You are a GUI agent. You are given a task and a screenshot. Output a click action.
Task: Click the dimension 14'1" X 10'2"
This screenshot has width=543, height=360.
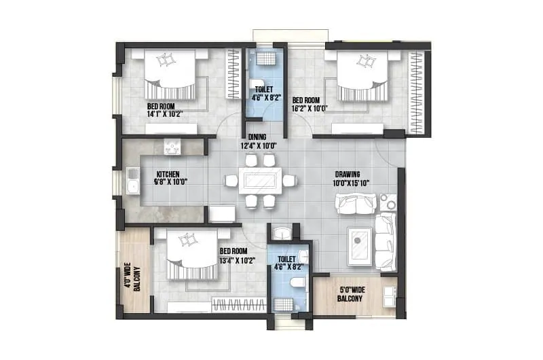[x=164, y=114]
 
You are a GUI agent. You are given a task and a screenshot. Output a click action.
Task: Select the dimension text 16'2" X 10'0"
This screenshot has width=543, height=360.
[x=310, y=107]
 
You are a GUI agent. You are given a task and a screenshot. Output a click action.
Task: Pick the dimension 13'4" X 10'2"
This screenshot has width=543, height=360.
[x=236, y=259]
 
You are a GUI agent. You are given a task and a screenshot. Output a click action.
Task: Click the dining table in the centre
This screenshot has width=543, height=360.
[x=260, y=181]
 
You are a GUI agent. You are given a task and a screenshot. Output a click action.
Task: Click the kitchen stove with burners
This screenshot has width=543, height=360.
[x=172, y=146]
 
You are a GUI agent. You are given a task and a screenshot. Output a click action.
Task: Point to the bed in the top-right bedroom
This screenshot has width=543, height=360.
[x=362, y=74]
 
